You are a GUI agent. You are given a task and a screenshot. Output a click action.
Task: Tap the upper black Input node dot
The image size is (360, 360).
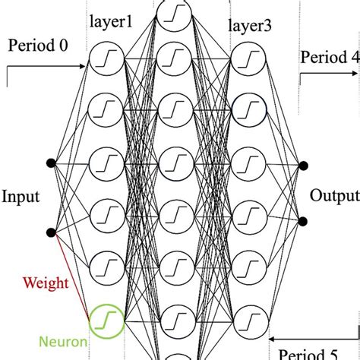click(x=52, y=163)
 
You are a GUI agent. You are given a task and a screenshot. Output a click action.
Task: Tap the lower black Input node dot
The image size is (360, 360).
click(x=52, y=233)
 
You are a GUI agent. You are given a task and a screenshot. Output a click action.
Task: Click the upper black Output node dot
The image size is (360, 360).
click(x=302, y=165)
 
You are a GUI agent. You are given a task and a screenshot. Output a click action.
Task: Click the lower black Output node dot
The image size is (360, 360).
click(x=302, y=221)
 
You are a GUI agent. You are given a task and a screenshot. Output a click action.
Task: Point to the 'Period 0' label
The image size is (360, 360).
click(x=38, y=45)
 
